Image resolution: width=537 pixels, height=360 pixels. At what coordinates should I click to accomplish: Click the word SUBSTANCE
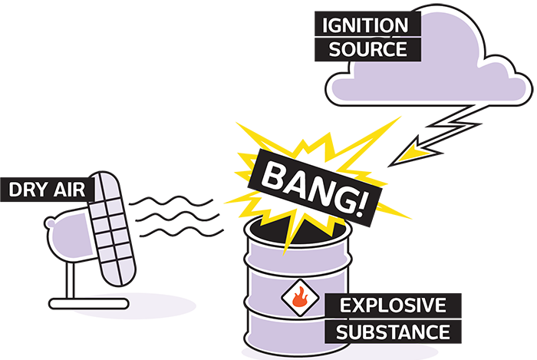pyautogui.click(x=393, y=332)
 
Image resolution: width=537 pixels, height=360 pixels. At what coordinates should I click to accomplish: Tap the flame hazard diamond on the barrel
pyautogui.click(x=299, y=299)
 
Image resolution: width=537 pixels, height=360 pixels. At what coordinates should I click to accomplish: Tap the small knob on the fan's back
pyautogui.click(x=50, y=224)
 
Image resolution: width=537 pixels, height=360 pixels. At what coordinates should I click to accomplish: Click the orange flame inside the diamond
pyautogui.click(x=300, y=298)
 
